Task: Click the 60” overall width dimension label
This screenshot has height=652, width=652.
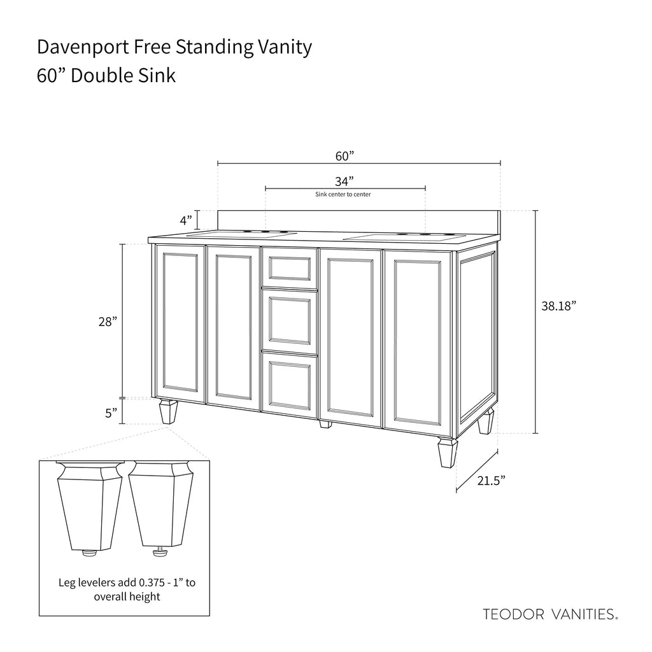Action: click(344, 156)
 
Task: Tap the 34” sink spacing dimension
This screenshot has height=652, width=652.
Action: click(344, 181)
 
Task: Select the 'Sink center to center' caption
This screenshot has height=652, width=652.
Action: click(343, 194)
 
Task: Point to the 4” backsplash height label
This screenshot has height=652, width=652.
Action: click(186, 220)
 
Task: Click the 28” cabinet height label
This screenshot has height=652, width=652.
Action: click(108, 322)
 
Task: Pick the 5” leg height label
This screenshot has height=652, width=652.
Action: click(111, 413)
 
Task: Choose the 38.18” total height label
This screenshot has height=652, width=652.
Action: click(558, 306)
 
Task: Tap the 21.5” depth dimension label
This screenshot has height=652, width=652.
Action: click(491, 481)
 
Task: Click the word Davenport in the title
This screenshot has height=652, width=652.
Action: click(83, 47)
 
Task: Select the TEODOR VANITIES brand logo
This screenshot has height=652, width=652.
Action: click(550, 614)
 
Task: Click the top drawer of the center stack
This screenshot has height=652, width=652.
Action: click(290, 267)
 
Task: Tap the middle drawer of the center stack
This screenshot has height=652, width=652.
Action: click(290, 321)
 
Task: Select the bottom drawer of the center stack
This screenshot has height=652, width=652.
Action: click(290, 385)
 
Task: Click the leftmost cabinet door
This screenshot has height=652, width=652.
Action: click(180, 323)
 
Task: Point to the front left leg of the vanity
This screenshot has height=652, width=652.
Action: click(168, 412)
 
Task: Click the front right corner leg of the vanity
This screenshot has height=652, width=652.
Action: click(448, 453)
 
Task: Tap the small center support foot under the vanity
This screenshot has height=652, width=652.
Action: click(325, 425)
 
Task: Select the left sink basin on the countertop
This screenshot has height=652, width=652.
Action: click(241, 234)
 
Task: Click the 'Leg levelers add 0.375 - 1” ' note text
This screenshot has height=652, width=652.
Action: click(127, 583)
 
